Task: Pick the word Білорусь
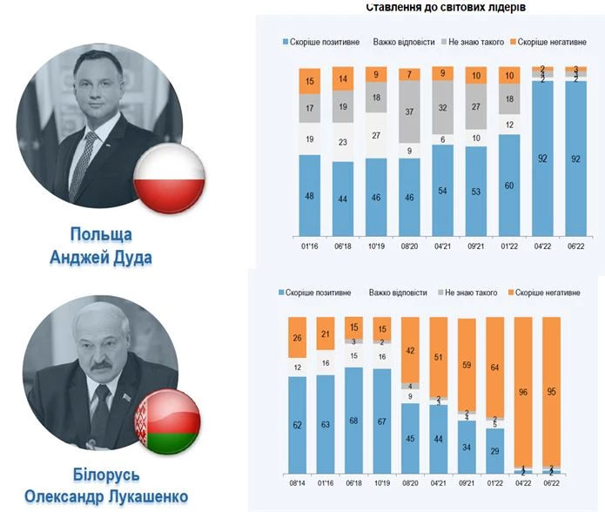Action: (106, 475)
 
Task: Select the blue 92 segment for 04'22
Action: (541, 159)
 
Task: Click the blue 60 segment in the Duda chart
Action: (509, 185)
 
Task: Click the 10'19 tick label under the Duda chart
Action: (376, 246)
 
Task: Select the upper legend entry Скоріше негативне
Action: (549, 43)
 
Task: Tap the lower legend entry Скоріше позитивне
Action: (315, 295)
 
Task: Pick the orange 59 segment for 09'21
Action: (467, 366)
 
